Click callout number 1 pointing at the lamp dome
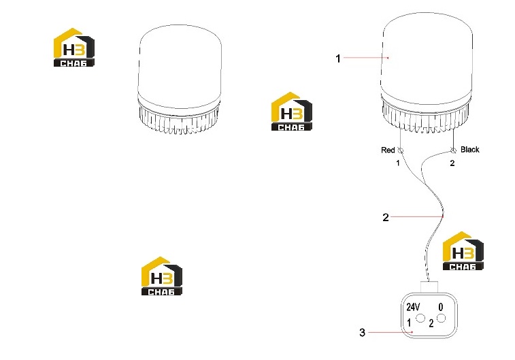(x=338, y=59)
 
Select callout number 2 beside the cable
(x=386, y=217)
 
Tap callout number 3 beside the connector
(x=363, y=332)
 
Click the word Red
(x=388, y=150)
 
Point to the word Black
(x=469, y=150)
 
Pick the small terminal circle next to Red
(x=401, y=150)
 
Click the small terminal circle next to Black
(x=453, y=150)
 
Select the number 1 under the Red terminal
(x=398, y=163)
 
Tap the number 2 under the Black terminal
(x=452, y=163)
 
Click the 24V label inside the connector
(x=413, y=307)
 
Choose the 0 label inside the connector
(x=441, y=307)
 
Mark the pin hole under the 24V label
(x=420, y=318)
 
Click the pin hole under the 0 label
(x=442, y=318)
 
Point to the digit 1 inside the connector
(x=409, y=323)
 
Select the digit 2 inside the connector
(x=431, y=323)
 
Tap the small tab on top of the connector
(x=429, y=286)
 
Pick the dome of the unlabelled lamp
(x=180, y=66)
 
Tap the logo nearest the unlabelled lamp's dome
(x=74, y=48)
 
